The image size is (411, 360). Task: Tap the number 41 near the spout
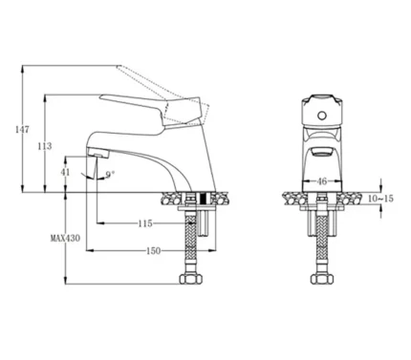pos(65,172)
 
